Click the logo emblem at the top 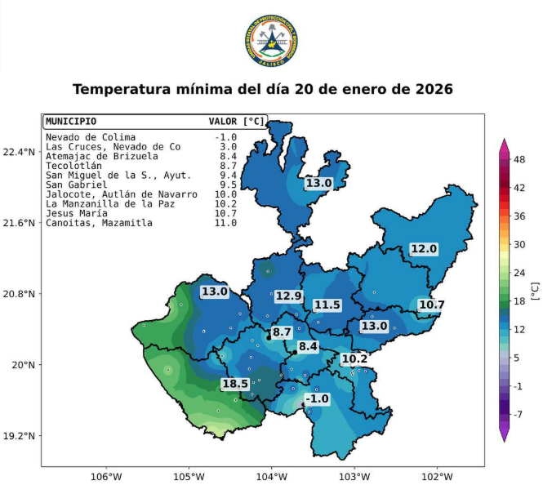click(x=271, y=42)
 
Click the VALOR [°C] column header click(x=237, y=121)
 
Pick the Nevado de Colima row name click(x=91, y=137)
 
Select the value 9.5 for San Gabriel click(x=225, y=185)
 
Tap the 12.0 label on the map click(x=424, y=249)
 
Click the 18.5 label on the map click(x=235, y=384)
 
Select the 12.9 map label click(x=288, y=296)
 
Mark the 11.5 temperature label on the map click(x=327, y=305)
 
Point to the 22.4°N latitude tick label click(x=20, y=152)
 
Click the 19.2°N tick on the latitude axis click(x=20, y=436)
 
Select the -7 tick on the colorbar click(x=518, y=414)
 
